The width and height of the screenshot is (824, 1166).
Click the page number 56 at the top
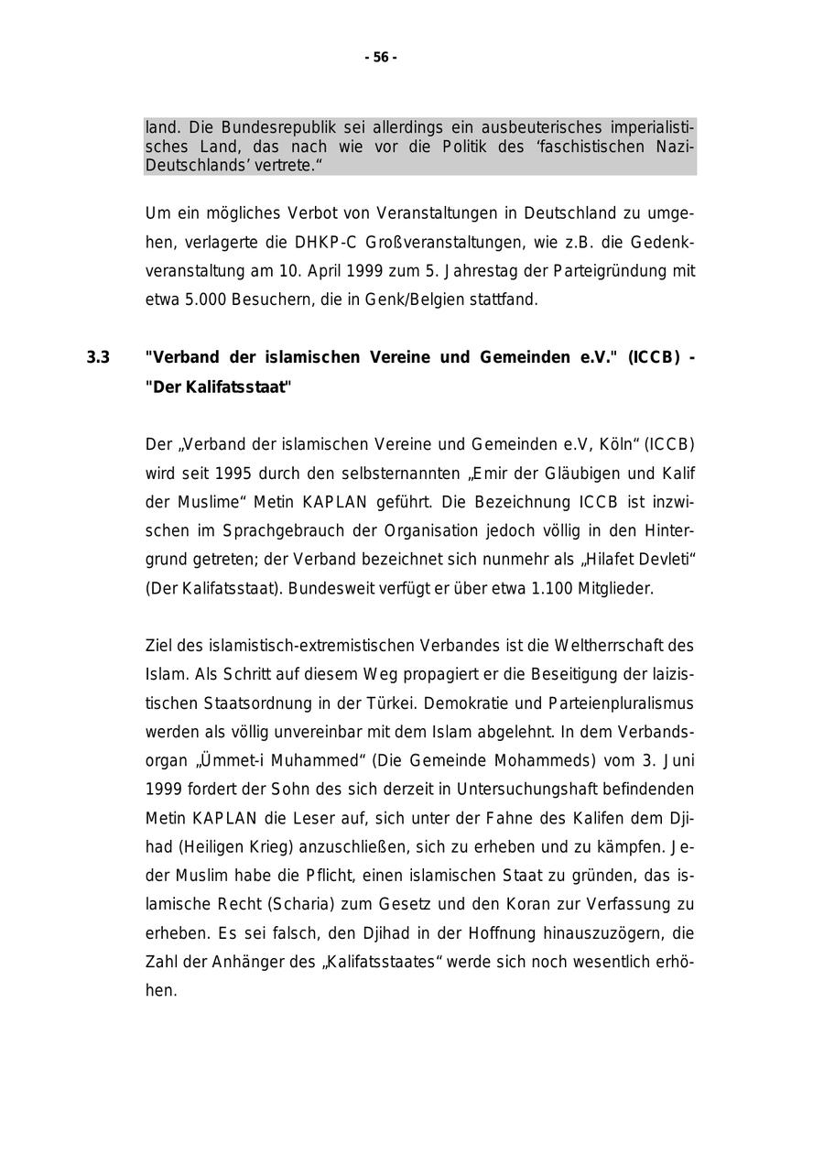coord(381,58)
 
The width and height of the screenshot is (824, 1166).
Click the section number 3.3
coord(98,357)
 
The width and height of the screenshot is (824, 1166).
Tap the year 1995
coord(233,474)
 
